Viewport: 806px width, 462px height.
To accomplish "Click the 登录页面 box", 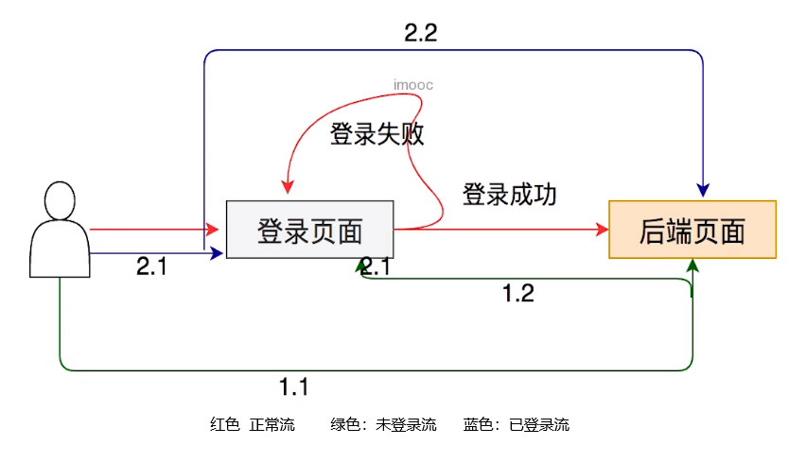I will pos(309,230).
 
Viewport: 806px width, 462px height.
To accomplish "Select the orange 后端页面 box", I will pos(692,230).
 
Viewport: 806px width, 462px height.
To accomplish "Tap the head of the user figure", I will pos(60,200).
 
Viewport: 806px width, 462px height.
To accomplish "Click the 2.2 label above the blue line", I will pos(421,33).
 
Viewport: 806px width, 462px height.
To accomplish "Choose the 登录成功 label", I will pos(509,196).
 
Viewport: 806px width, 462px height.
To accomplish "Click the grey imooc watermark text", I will pos(413,85).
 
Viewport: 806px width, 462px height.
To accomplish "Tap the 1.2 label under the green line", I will pos(517,294).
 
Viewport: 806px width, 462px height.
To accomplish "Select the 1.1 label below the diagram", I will pos(294,386).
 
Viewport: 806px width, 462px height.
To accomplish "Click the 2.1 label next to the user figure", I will pos(151,267).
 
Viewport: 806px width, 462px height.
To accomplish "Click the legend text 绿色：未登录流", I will pos(383,425).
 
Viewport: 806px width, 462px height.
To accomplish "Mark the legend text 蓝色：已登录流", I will pos(517,425).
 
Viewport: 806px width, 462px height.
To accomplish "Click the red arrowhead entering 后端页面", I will pos(602,229).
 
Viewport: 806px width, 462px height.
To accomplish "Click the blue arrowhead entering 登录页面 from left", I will pos(218,252).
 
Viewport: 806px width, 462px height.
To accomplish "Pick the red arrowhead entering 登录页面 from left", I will pos(218,229).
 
